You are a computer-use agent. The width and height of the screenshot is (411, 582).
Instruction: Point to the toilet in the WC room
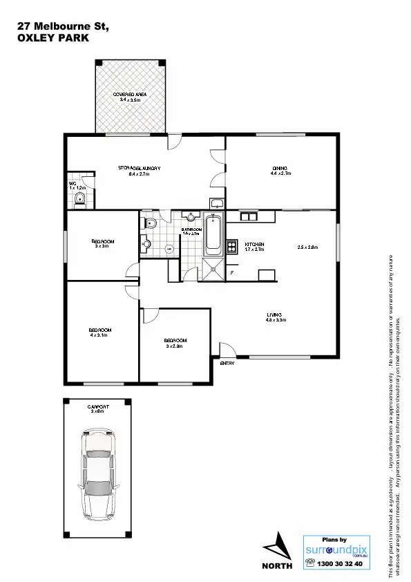tap(79, 201)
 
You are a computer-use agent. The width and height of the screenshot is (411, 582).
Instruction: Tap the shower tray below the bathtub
tap(213, 270)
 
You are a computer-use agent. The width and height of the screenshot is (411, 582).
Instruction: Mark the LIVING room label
tap(276, 317)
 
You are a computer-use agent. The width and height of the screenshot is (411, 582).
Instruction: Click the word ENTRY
tap(227, 363)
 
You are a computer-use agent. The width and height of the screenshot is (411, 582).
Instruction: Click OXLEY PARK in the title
tap(52, 39)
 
